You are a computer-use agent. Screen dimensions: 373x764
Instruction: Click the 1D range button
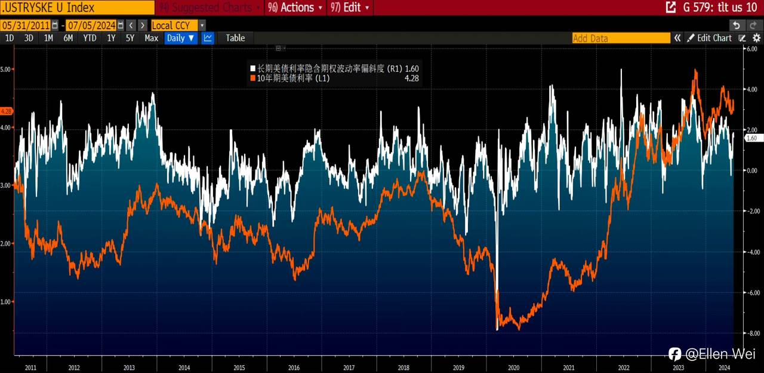(10, 38)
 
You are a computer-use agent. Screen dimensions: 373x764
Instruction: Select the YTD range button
(90, 38)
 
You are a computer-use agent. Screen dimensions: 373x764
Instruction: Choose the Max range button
(151, 38)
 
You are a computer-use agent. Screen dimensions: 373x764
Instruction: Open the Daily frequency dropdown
(180, 38)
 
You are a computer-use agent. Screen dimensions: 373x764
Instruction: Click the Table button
(235, 38)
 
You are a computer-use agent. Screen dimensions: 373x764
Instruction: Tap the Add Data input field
(621, 38)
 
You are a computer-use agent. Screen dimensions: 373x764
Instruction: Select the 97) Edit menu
(350, 8)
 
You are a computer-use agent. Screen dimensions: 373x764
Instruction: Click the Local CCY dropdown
(178, 25)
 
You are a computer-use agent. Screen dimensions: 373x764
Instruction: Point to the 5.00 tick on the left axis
(6, 69)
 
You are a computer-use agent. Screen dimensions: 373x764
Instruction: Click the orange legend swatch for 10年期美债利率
(253, 78)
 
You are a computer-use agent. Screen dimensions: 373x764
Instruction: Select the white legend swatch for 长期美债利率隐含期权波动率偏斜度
(253, 69)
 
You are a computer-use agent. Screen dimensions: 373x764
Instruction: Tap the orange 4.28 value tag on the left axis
(7, 111)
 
